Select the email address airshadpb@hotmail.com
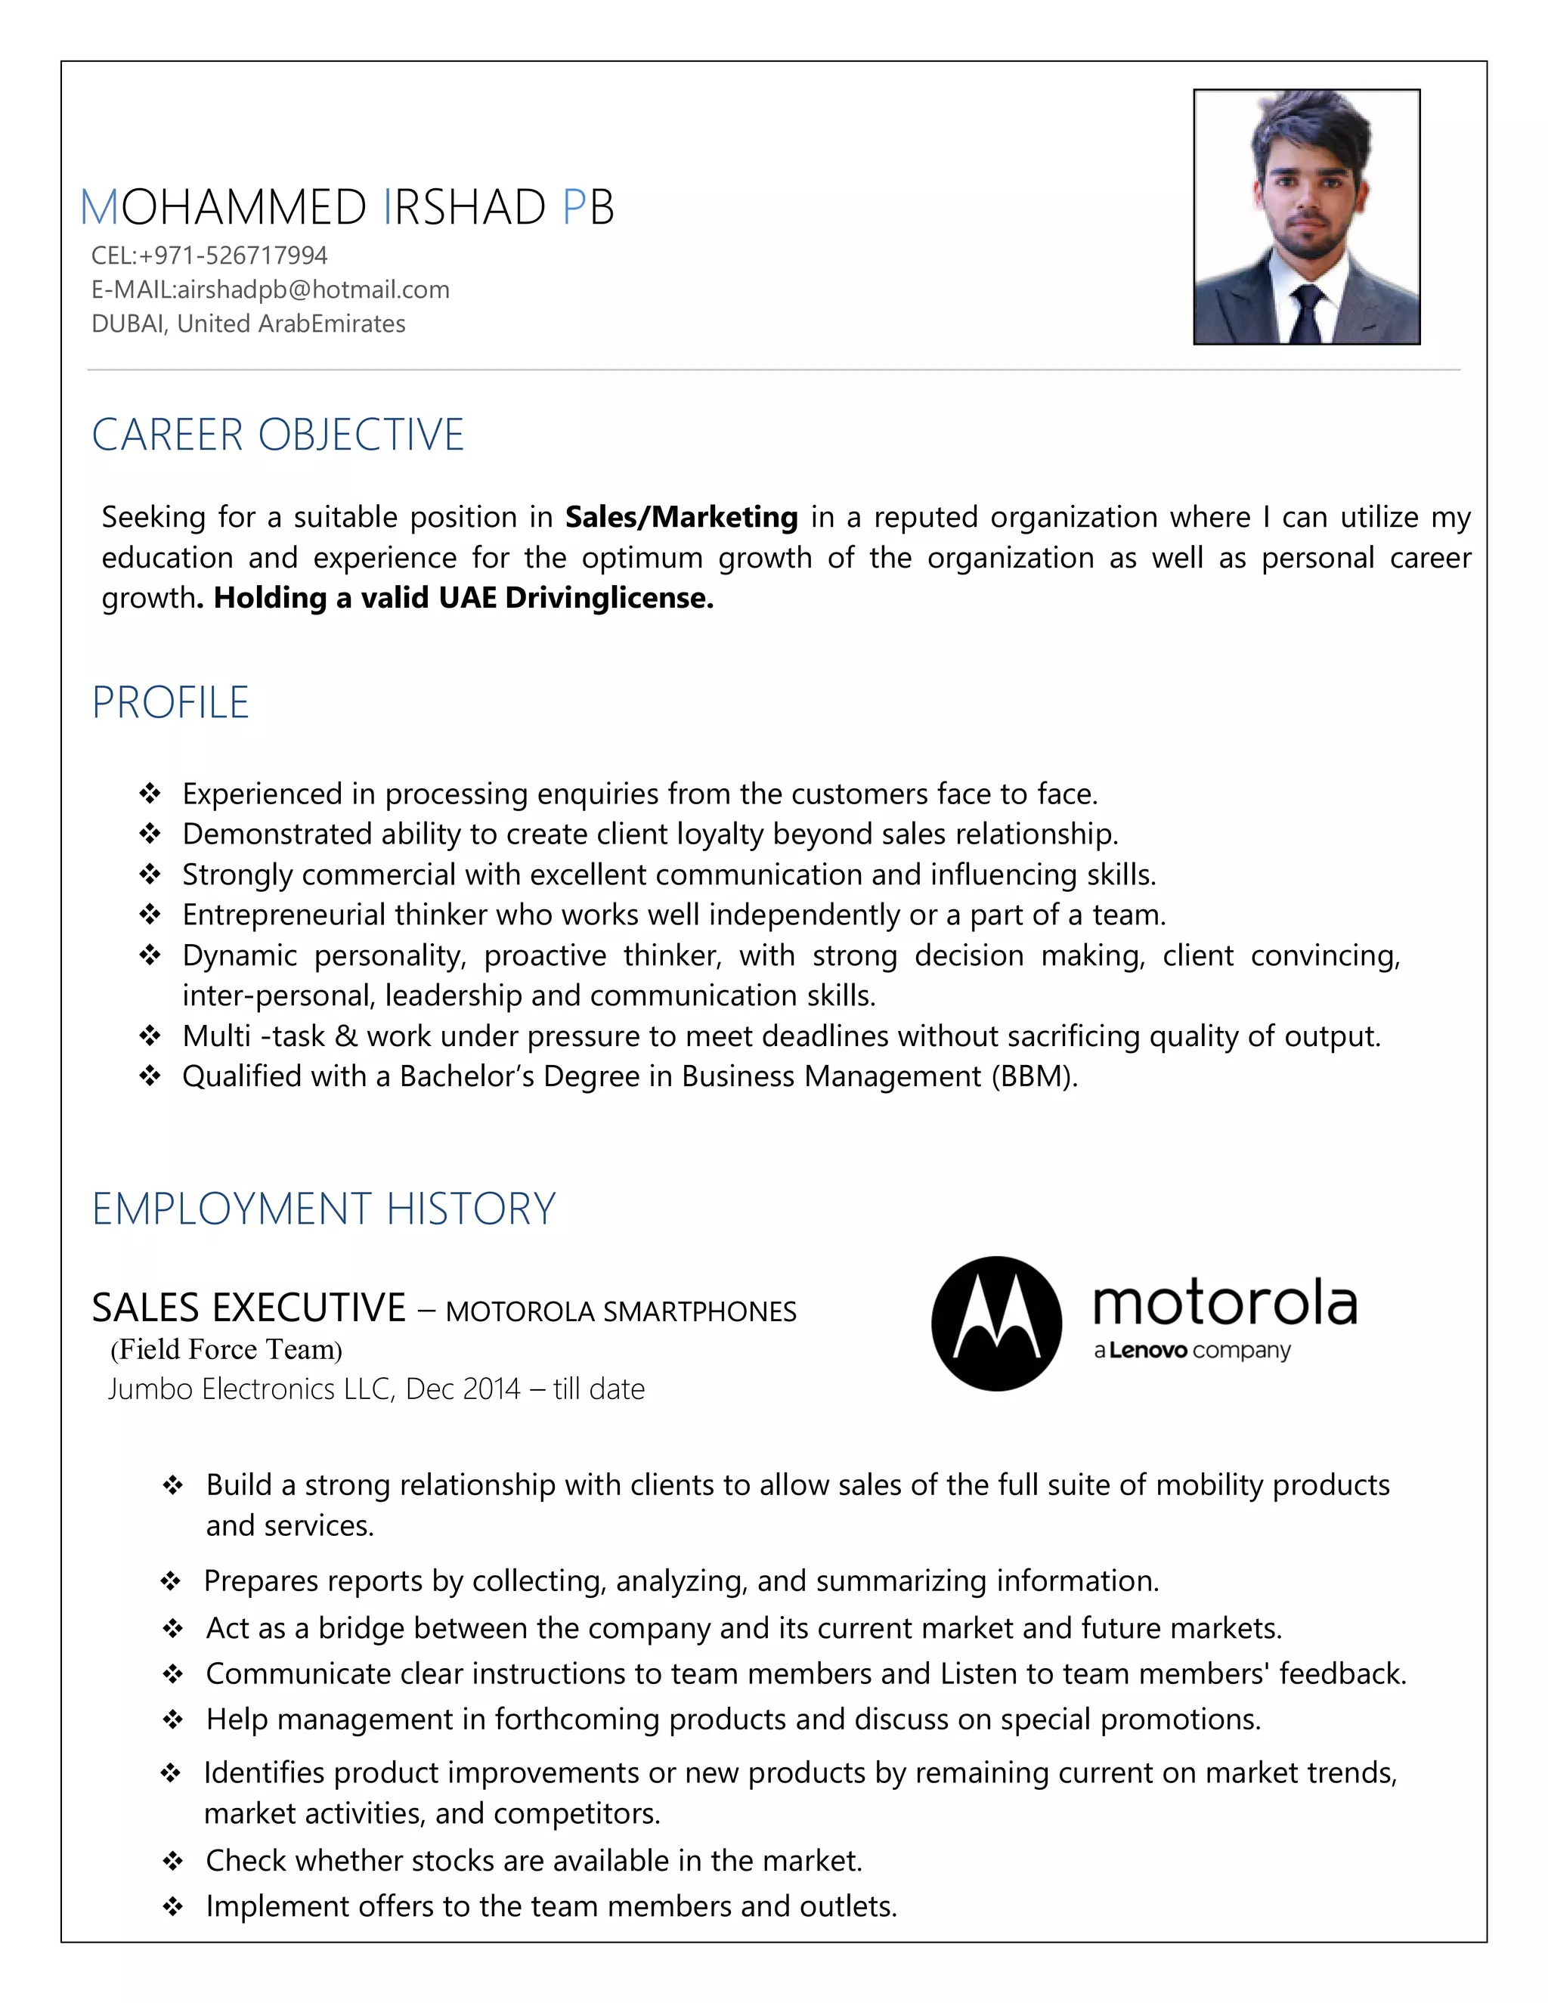click(313, 289)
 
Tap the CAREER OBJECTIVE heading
click(278, 435)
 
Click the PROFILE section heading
click(171, 702)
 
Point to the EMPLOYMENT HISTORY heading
click(324, 1209)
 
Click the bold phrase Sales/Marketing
click(681, 517)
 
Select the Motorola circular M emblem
click(996, 1323)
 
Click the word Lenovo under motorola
click(1148, 1351)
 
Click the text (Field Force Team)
click(225, 1349)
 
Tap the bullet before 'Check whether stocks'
click(172, 1861)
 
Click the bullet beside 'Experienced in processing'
click(150, 794)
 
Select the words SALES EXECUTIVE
click(249, 1308)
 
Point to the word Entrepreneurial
click(283, 915)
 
